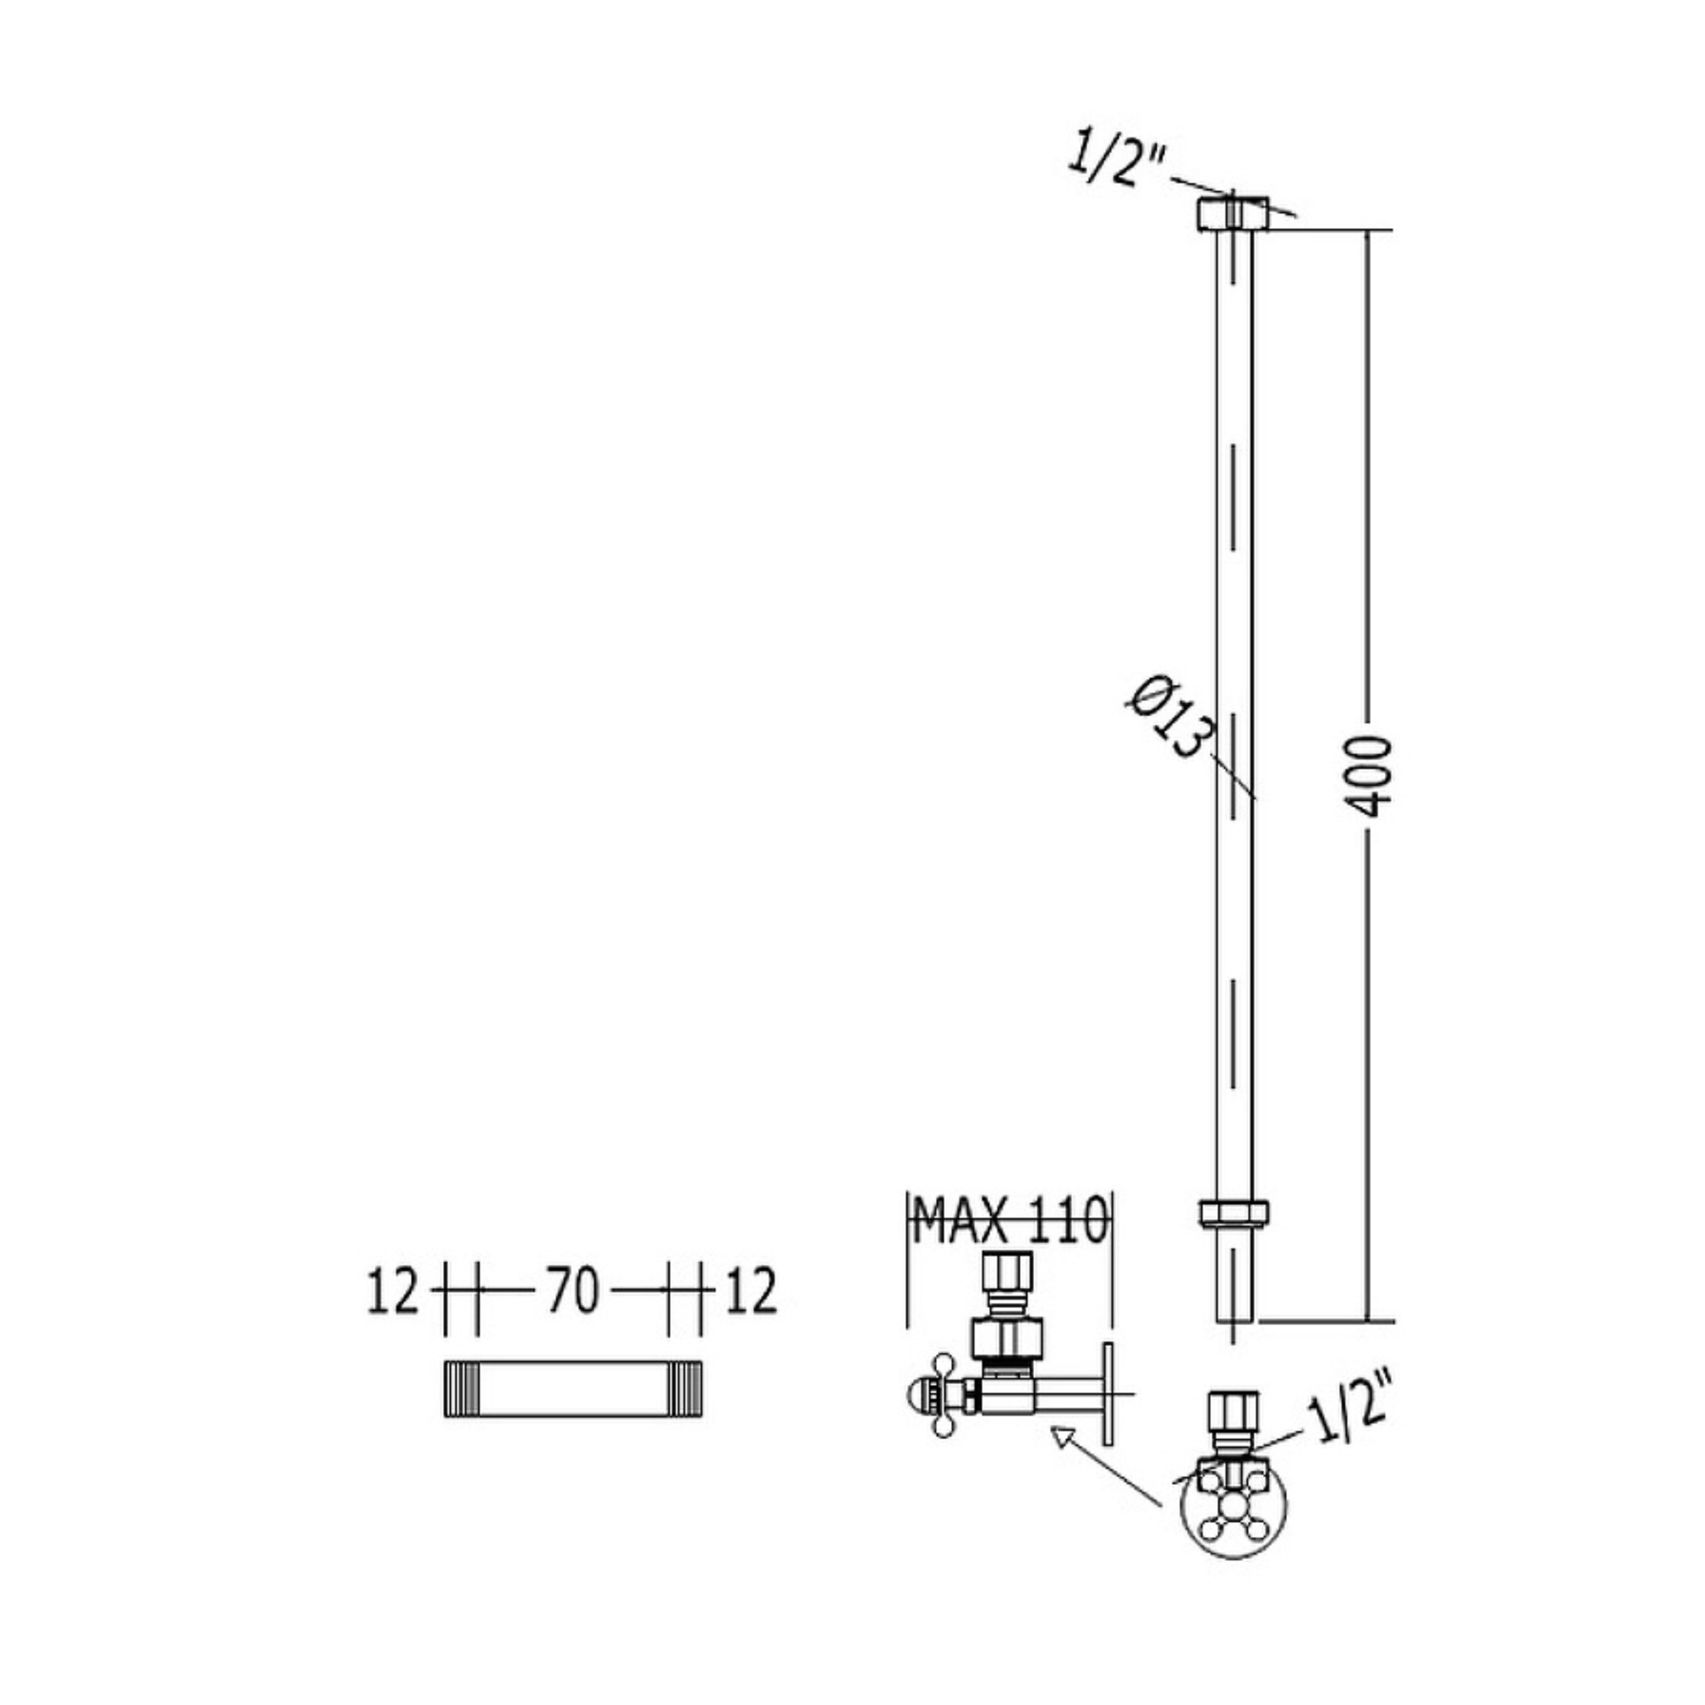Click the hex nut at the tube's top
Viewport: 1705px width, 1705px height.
coord(1233,214)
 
